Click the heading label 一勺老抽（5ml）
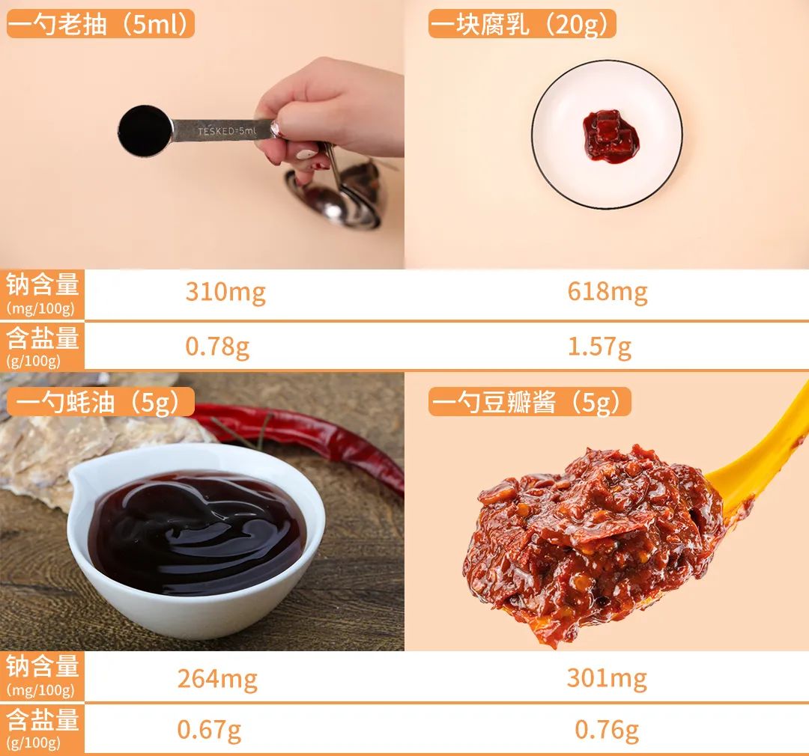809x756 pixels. pos(100,24)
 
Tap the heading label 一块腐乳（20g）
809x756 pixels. pos(522,24)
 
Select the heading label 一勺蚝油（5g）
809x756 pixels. pos(100,402)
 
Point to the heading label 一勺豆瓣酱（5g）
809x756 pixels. pos(530,402)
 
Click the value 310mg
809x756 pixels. pos(225,293)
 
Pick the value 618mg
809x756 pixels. pos(607,293)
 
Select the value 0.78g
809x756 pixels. pos(217,347)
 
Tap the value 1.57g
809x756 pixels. pos(599,347)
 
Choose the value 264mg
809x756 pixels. pos(217,679)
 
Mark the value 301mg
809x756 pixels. pos(607,679)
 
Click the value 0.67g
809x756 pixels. pos(209,731)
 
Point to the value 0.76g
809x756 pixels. pos(607,731)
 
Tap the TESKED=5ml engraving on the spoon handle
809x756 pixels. pos(226,131)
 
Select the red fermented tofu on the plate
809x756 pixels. pos(610,136)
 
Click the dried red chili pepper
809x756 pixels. pos(304,439)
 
